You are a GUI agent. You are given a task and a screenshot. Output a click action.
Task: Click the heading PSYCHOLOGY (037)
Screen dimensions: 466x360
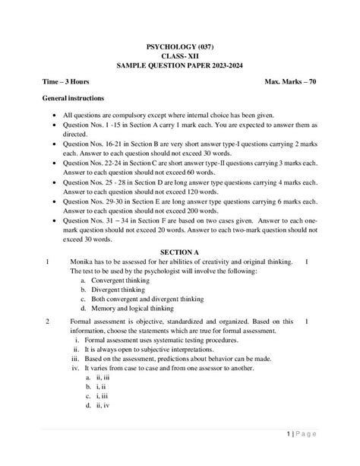click(x=180, y=47)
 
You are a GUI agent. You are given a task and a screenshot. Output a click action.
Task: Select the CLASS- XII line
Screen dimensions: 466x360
click(x=180, y=56)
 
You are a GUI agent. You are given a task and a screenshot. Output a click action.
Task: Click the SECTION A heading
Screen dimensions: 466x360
click(x=180, y=252)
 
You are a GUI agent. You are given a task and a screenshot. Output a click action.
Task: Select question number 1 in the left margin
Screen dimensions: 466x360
click(x=47, y=262)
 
